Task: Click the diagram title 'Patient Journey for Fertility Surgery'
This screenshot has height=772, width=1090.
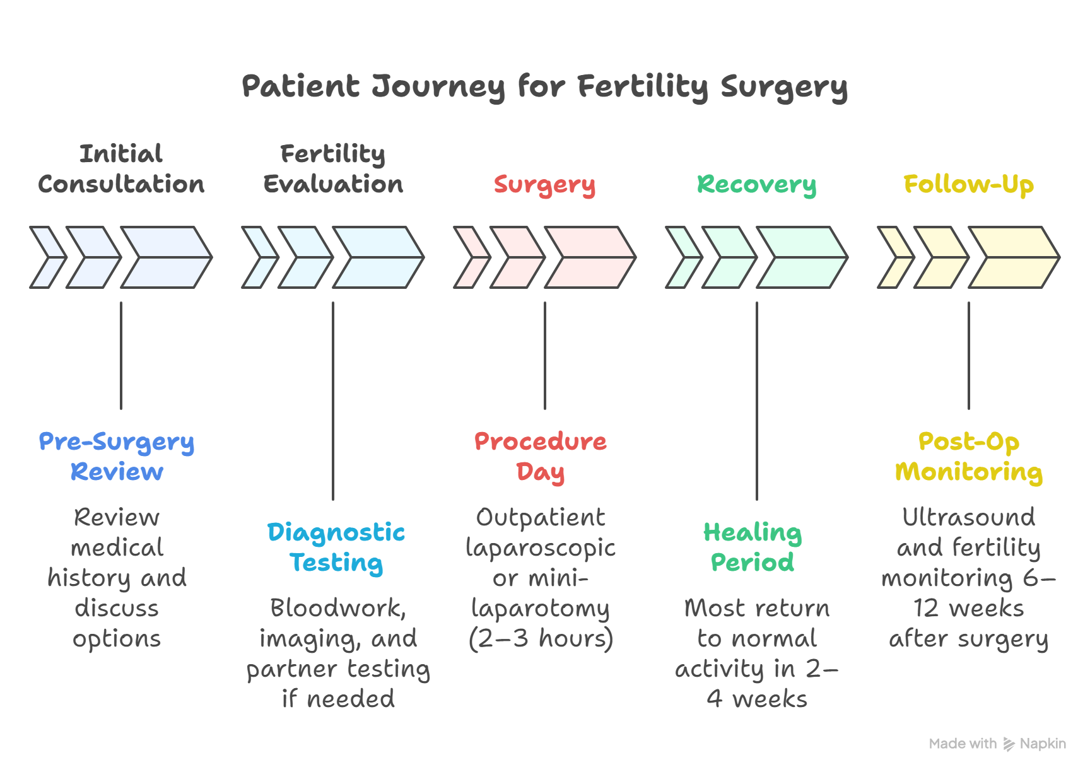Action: point(544,86)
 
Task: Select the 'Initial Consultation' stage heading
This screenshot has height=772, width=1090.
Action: point(121,169)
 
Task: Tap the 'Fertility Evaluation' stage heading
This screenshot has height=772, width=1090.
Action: point(333,169)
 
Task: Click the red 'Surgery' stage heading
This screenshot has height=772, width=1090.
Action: point(544,184)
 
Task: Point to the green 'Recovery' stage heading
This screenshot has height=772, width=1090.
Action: point(756,184)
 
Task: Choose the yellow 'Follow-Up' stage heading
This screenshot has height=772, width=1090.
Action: point(968,184)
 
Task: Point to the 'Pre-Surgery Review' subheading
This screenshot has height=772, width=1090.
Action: point(117,457)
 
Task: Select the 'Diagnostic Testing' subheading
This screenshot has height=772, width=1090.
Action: point(336,547)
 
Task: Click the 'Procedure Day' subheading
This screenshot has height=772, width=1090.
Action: point(541,457)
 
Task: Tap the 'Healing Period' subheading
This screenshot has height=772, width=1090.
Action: point(753,547)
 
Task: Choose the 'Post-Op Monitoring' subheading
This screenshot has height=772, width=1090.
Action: point(969,457)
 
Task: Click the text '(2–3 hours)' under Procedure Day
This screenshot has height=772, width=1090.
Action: point(541,638)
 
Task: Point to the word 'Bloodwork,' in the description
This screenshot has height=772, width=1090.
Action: point(338,608)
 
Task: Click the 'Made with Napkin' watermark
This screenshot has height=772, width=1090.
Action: point(997,744)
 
